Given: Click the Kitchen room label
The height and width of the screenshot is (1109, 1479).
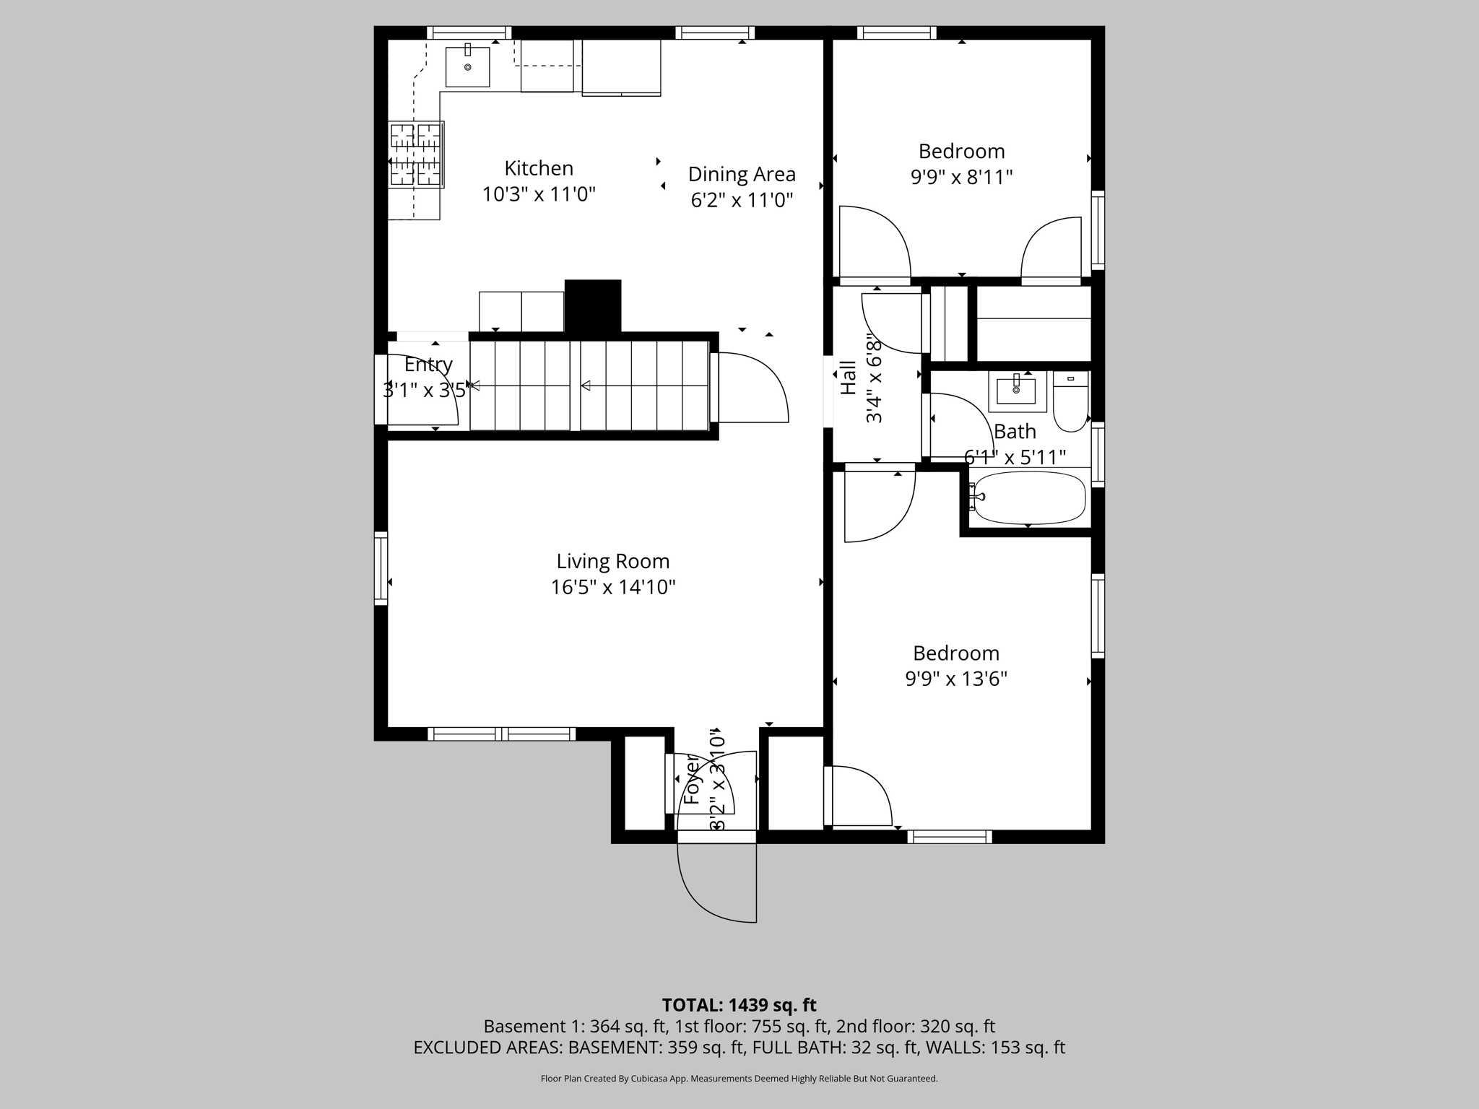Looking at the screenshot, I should [x=539, y=168].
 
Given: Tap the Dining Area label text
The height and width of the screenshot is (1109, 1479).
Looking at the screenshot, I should [x=742, y=174].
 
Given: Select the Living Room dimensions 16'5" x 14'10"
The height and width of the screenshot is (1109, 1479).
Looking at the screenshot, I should [x=613, y=587].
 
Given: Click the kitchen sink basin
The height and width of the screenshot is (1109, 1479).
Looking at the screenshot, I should [x=467, y=66].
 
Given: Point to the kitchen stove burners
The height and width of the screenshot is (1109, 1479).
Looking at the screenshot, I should [x=416, y=155].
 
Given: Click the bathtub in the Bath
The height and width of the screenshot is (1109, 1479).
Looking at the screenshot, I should [x=1029, y=498].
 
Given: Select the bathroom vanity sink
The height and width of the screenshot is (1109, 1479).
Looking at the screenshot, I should [x=1016, y=391].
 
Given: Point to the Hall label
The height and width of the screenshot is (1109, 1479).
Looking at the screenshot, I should [x=849, y=378].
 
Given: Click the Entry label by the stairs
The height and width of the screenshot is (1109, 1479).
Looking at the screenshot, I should [x=428, y=365].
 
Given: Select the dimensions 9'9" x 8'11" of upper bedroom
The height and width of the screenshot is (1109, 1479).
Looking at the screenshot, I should [x=961, y=177].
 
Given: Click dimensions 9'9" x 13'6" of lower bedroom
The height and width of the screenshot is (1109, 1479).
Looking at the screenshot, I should [x=956, y=679].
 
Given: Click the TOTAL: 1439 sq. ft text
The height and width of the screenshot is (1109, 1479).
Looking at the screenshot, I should [x=739, y=1005].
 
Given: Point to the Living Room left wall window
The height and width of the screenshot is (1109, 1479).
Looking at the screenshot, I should [x=381, y=568].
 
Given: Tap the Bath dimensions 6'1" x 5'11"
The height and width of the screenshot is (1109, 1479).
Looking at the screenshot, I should [x=1015, y=457].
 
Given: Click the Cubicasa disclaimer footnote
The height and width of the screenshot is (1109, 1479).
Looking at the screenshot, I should [x=739, y=1079].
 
